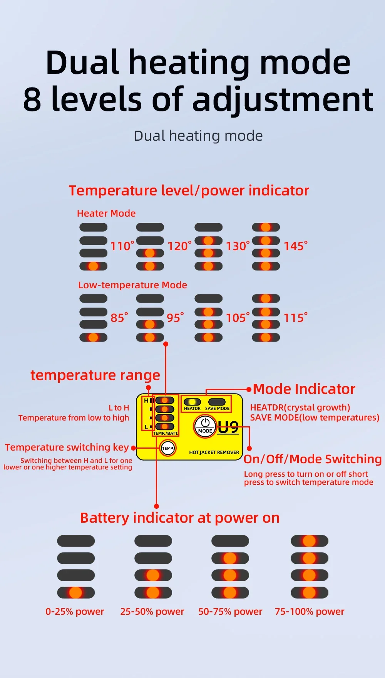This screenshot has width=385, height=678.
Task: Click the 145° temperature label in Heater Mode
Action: point(295,246)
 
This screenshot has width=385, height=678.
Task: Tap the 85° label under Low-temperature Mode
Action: point(119,318)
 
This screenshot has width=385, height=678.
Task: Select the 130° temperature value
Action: point(238,246)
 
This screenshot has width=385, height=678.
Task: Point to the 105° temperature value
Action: point(238,318)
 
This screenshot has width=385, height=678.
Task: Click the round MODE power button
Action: point(205,426)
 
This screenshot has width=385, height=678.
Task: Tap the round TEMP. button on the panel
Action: point(168,448)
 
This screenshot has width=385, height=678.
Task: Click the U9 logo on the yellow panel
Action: point(228,427)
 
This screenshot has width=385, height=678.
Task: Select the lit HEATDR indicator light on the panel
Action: point(192,402)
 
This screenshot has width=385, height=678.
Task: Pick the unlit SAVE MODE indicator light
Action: point(217,402)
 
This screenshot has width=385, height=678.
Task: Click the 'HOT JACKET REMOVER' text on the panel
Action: point(214,453)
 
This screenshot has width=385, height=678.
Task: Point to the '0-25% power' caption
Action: point(75,612)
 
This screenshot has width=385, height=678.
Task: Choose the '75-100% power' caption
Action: point(310,612)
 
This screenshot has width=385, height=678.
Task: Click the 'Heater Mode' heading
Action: point(106,214)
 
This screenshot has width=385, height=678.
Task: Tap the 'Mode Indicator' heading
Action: point(304,389)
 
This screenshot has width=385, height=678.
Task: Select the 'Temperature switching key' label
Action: point(67,447)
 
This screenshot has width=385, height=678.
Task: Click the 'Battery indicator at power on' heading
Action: point(180,518)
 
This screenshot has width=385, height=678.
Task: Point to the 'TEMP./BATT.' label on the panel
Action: point(166,433)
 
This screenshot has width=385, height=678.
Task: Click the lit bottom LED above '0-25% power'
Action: point(76,592)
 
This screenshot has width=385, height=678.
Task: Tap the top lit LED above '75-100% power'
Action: point(309,541)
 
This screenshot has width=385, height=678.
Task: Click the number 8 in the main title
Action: point(32,99)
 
